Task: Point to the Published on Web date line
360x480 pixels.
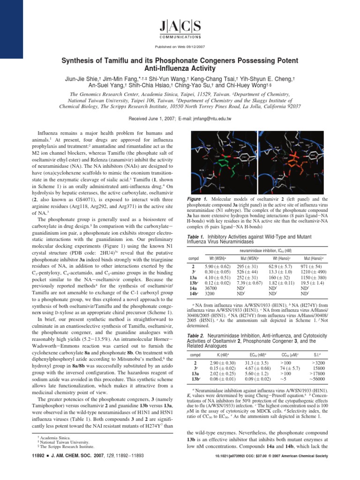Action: [x=180, y=47]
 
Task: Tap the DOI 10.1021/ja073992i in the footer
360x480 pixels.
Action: [x=229, y=469]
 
